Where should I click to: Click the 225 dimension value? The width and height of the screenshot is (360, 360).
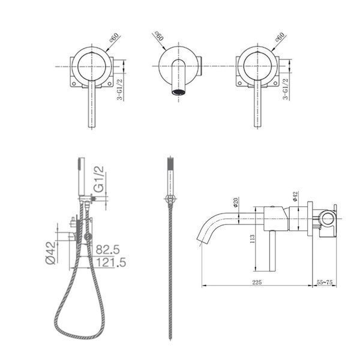(x=257, y=282)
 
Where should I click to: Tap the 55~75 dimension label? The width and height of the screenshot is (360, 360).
(x=325, y=282)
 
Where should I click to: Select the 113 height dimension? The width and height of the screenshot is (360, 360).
(x=252, y=239)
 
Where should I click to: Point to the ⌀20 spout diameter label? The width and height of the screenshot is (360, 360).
(x=236, y=202)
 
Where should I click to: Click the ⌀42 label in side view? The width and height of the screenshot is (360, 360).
(x=295, y=197)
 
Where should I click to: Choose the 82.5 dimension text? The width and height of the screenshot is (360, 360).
(x=107, y=250)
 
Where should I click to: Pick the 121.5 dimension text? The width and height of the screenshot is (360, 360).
(x=111, y=262)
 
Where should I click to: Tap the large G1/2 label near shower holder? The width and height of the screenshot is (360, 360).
(x=99, y=179)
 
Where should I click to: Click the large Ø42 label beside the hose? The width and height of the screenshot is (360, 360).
(x=51, y=253)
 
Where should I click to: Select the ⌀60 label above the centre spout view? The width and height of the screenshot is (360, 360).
(x=159, y=36)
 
